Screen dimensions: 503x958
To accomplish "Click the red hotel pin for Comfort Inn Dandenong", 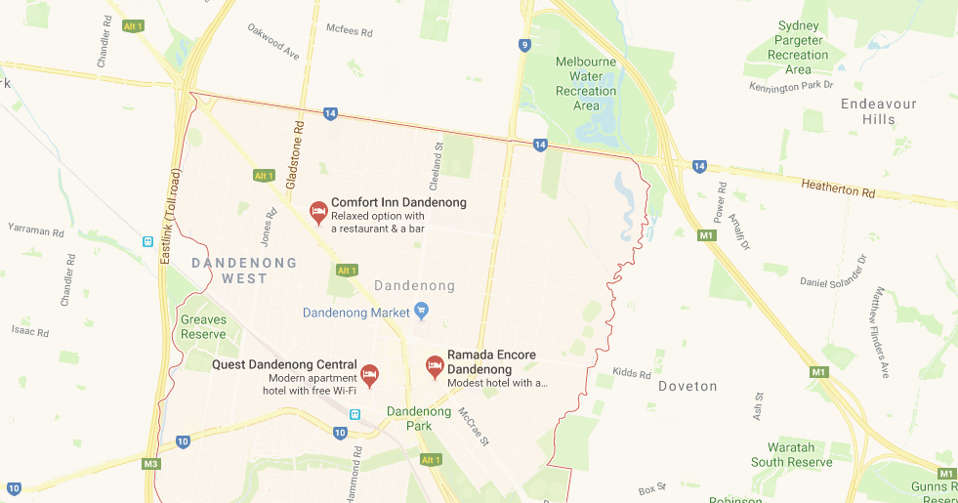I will click(x=317, y=211).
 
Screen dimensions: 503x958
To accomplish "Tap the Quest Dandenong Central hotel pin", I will click(x=369, y=373).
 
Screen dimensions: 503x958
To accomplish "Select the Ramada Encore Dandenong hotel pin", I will click(x=435, y=366).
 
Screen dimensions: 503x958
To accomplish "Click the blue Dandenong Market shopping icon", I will click(x=422, y=312).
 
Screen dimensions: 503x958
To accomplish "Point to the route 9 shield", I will click(x=525, y=45).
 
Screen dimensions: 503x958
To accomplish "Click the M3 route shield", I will click(x=150, y=463).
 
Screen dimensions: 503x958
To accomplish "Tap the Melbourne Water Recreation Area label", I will click(x=586, y=83).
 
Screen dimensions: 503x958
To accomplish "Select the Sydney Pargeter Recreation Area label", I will click(x=798, y=48).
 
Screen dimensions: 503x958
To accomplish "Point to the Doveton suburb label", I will click(x=687, y=386).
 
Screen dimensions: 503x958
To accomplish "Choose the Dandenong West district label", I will click(x=229, y=271).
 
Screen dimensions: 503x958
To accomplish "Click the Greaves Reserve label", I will click(x=203, y=326).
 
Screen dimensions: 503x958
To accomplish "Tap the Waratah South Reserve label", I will click(x=791, y=454).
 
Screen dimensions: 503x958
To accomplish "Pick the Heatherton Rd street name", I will click(x=838, y=189).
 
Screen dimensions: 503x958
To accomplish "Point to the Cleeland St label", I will click(x=439, y=160).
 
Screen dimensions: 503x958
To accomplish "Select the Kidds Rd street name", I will click(x=632, y=374).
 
